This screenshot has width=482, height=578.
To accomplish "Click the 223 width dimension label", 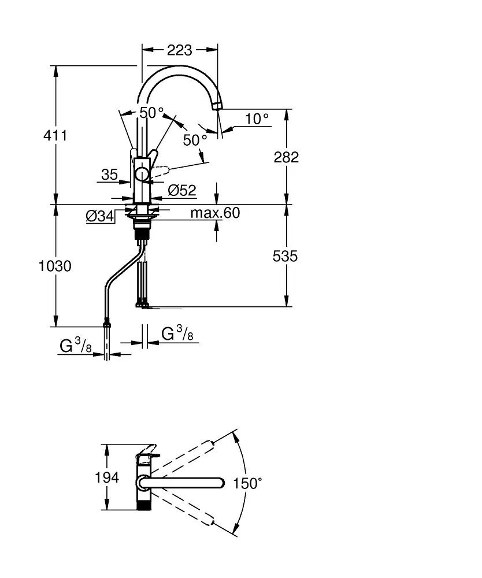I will coord(179,50).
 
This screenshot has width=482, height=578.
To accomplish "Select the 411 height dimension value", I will coord(55,136).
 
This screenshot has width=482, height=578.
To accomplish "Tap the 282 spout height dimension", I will coord(286,157).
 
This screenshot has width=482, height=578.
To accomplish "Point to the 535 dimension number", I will coord(285,255).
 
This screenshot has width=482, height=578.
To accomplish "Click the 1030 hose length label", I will coord(55,266).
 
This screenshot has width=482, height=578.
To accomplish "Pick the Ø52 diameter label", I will coord(182,190).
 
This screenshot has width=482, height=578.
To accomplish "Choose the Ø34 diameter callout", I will coord(99,216).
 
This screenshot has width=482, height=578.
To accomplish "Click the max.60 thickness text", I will coord(215,213).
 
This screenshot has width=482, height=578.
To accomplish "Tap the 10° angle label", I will coord(257,119).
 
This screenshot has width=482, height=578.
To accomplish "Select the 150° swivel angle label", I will coord(248,483).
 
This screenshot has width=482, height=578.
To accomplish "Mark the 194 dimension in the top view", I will coord(107,477).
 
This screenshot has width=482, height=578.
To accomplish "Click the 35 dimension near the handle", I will coord(109,175).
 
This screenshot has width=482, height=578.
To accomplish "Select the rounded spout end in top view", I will coord(218,483).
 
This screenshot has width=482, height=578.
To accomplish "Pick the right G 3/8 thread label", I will coord(177,334).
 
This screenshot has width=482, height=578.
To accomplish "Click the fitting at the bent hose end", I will coord(106,323).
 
